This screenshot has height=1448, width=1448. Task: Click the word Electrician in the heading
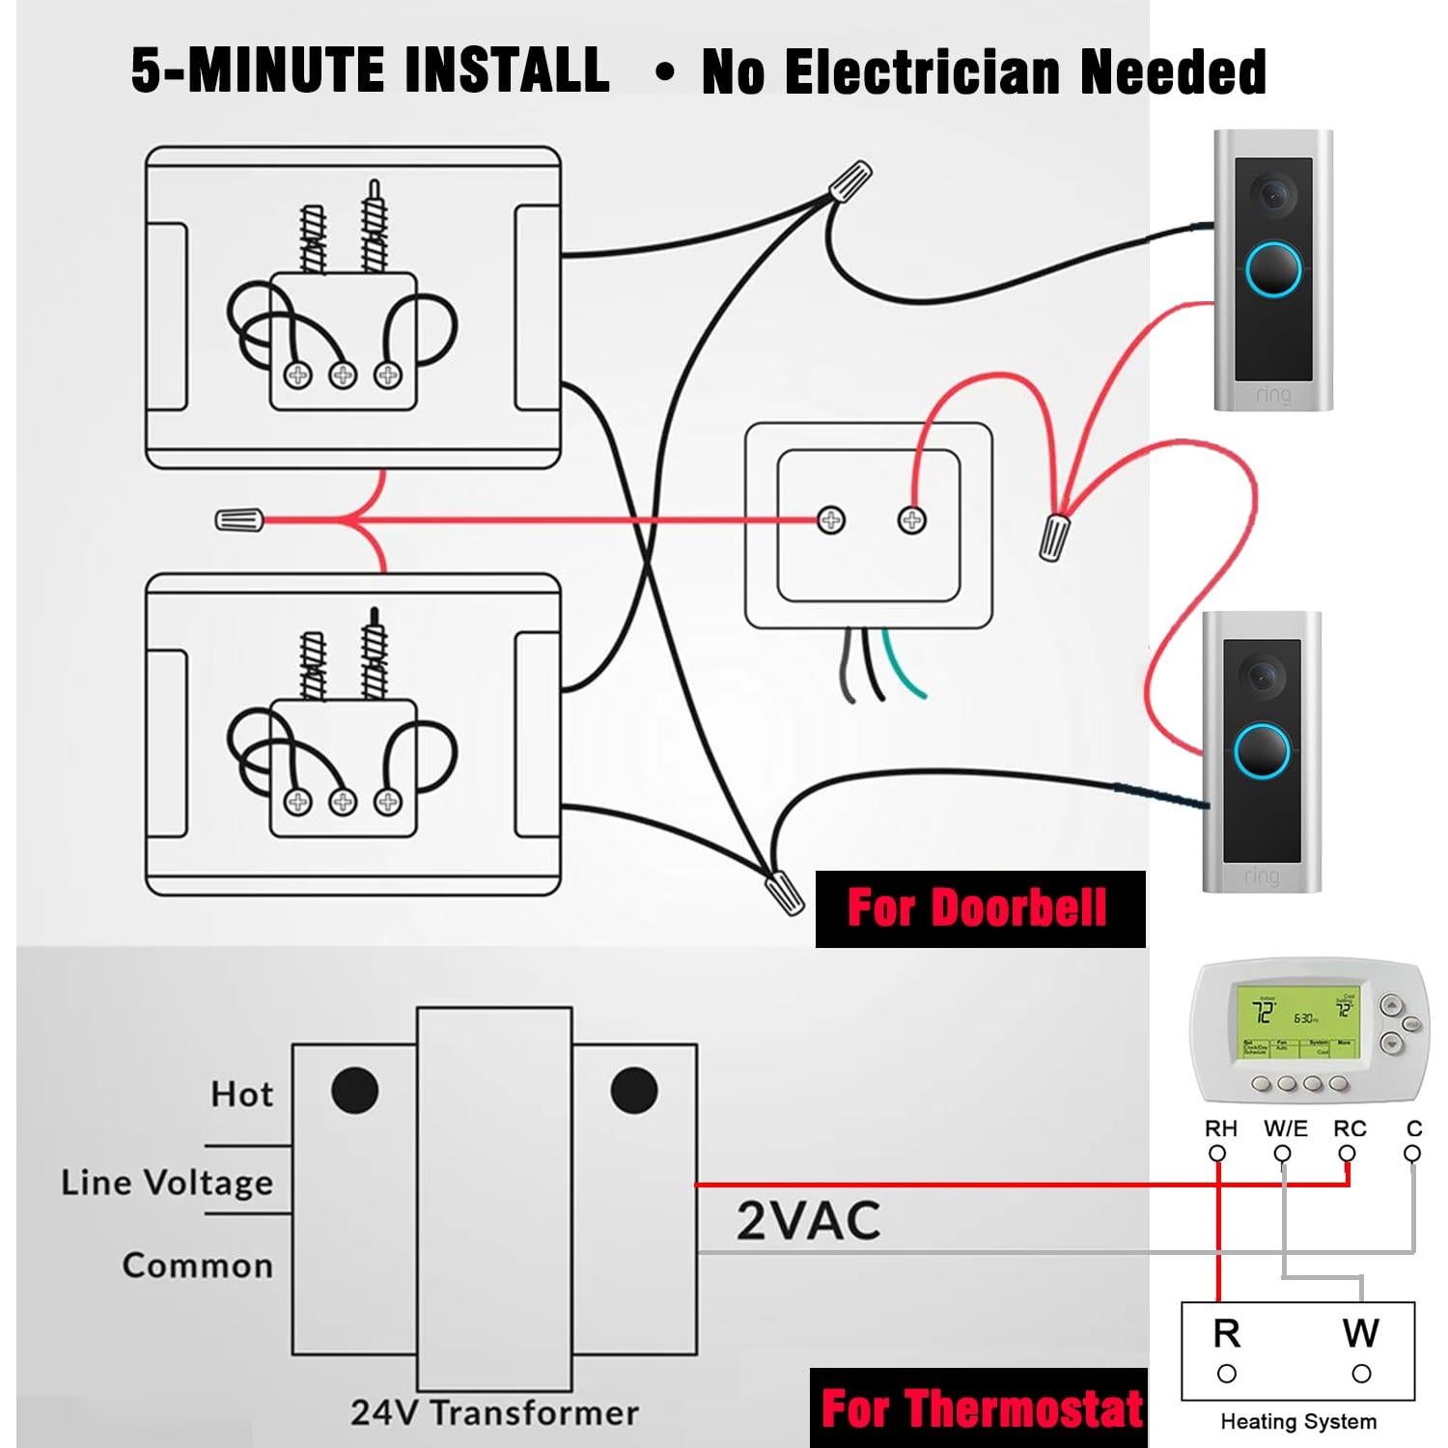click(x=928, y=72)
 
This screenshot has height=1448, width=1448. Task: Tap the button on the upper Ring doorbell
click(x=1273, y=269)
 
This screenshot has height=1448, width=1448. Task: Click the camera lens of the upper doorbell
click(x=1273, y=193)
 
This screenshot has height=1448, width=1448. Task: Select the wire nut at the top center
click(x=849, y=181)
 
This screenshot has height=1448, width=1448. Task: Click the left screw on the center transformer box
click(x=831, y=520)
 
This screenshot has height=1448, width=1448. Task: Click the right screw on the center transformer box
click(x=911, y=520)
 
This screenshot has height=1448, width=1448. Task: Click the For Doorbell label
click(x=979, y=908)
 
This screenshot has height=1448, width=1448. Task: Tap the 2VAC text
click(x=808, y=1220)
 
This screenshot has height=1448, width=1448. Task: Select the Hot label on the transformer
click(x=241, y=1094)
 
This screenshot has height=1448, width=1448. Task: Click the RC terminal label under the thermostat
click(x=1350, y=1128)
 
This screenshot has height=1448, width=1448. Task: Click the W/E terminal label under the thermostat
click(x=1285, y=1128)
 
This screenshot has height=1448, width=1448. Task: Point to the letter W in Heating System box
click(x=1360, y=1333)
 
